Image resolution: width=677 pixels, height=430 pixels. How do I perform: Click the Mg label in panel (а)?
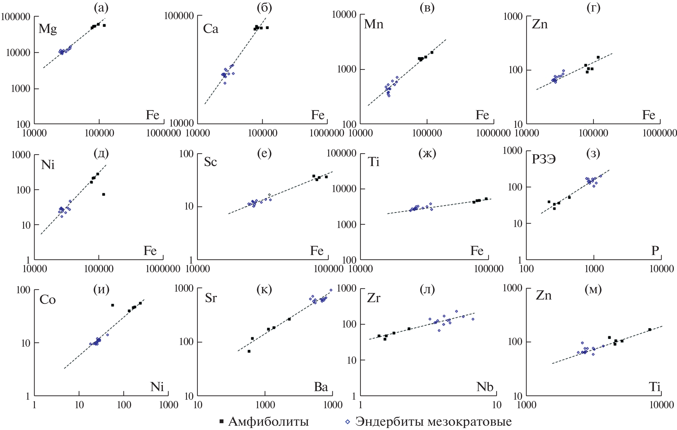pos(48,29)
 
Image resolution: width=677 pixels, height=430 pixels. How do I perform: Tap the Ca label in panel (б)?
pos(211,29)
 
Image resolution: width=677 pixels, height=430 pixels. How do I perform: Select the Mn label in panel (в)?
pos(374,24)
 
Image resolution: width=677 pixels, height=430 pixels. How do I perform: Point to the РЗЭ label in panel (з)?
pos(544,159)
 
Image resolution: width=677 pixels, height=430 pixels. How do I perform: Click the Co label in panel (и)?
pos(47,300)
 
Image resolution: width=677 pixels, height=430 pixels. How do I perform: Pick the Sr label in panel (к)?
pos(211,298)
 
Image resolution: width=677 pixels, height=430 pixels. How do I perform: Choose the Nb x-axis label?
pos(484,387)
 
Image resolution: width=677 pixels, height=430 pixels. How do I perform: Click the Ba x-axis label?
pos(321,387)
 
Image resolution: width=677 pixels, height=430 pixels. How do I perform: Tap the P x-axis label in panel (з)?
pos(655,251)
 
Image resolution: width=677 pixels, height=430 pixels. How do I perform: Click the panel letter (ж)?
pos(427,153)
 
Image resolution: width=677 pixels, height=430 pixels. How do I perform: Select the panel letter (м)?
pos(593,289)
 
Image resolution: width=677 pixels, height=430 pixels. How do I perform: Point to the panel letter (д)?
pos(101,153)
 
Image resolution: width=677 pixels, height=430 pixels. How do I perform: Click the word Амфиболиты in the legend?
pos(268,422)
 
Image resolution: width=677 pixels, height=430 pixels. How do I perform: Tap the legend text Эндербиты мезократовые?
pos(433,422)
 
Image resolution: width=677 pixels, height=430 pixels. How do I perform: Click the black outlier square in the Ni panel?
pos(103,194)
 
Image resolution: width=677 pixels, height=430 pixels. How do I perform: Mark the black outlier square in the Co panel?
pos(112,305)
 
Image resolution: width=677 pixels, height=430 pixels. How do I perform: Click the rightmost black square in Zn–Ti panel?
pos(650,330)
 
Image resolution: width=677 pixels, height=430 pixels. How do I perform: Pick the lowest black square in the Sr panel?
pos(249,351)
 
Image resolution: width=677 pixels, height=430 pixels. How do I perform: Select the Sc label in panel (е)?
pos(210,162)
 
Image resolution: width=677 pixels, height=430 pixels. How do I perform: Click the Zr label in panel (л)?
pos(374,298)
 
